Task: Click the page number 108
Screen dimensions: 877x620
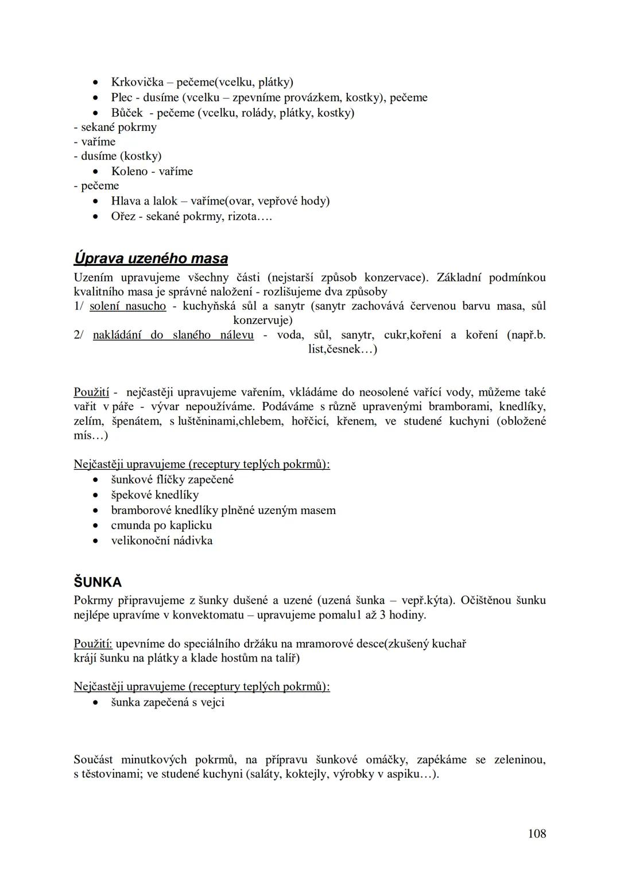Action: click(537, 833)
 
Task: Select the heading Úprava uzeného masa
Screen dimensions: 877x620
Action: click(150, 258)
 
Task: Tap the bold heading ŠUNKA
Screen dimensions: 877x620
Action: click(98, 582)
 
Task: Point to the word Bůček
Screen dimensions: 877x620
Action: click(127, 113)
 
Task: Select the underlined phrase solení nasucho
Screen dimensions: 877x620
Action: click(128, 306)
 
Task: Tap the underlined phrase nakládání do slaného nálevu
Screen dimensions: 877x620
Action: click(173, 335)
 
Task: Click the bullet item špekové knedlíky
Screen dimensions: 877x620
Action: click(154, 494)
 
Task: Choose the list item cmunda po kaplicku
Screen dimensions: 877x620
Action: click(161, 525)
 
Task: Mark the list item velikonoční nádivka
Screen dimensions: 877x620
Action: click(161, 540)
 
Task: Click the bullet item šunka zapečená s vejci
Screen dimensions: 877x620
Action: click(167, 702)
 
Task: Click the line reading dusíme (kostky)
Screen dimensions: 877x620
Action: click(118, 156)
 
